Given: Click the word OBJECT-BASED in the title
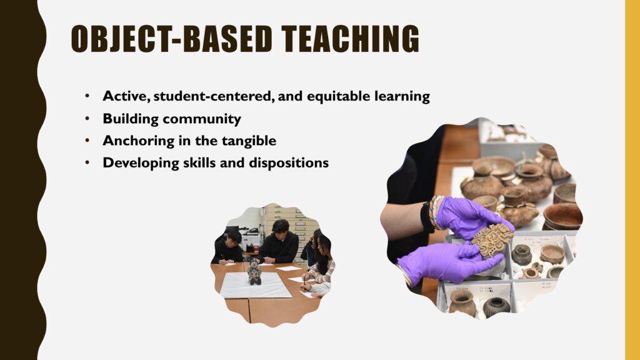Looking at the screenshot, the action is pos(171,39).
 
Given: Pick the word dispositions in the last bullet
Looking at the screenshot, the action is pos(289,163).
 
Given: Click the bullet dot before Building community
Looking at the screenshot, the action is pos(87,119).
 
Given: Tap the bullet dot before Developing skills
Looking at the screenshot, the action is pos(87,163).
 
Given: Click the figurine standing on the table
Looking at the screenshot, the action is pos(255,272).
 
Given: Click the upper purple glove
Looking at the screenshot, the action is pos(469,217).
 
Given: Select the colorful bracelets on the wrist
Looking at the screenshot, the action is pos(435,211).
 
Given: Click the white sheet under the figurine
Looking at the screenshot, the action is pos(256,285).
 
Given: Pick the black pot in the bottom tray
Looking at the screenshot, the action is pos(496,307).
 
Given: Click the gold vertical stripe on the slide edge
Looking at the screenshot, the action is pos(632,180).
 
